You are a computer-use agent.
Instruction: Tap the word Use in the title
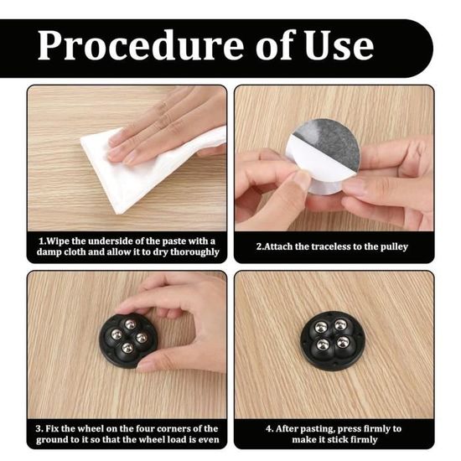click(339, 44)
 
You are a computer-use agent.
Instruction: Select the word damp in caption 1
click(49, 252)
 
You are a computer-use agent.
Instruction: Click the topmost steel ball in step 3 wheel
click(130, 324)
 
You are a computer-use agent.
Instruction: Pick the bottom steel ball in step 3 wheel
click(127, 349)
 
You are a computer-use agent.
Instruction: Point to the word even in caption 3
click(210, 440)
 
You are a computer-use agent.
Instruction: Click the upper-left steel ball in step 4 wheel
click(320, 327)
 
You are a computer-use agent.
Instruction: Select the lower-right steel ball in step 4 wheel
click(343, 342)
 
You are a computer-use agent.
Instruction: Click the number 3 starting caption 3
click(39, 428)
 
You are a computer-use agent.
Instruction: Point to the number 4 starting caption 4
click(269, 428)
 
